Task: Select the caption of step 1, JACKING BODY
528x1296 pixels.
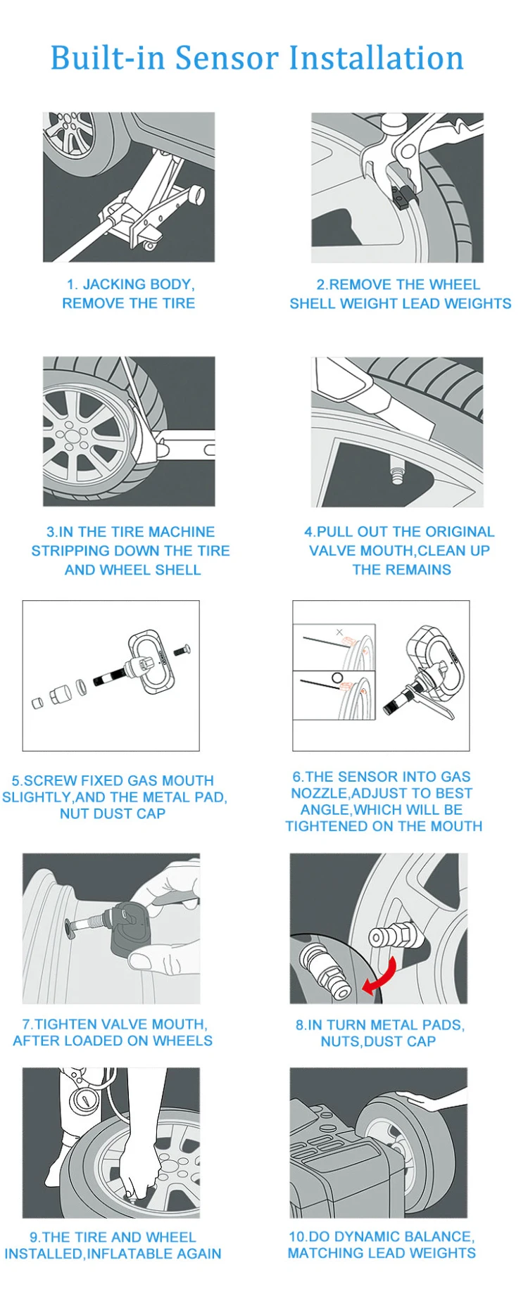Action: click(x=130, y=284)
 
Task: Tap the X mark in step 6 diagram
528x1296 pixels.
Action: click(x=339, y=633)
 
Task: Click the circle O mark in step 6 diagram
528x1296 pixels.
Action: click(x=337, y=678)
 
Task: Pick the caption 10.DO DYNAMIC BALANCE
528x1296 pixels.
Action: click(x=382, y=1236)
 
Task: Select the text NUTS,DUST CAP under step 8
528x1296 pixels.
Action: click(x=378, y=1041)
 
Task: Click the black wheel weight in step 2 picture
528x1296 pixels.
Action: click(x=402, y=198)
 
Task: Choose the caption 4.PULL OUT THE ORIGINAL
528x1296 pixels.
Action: click(x=399, y=532)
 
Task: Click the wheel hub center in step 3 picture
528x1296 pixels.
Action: click(x=70, y=435)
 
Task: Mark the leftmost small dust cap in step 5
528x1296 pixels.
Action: click(x=37, y=702)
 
